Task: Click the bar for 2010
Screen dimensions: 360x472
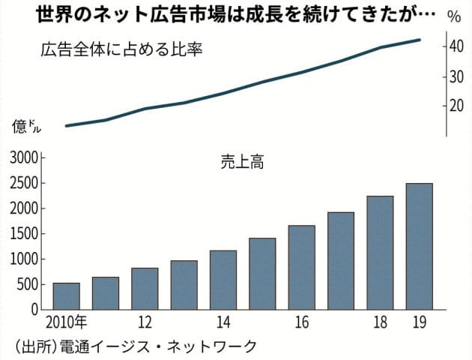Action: tap(66, 296)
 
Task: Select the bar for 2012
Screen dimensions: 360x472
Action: tap(144, 289)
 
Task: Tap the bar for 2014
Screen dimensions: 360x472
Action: tap(223, 280)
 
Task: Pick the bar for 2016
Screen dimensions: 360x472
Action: tap(301, 267)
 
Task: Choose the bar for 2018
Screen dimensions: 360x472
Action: tap(380, 253)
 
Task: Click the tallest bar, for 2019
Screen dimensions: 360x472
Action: tap(419, 246)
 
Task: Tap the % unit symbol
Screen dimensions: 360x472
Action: tap(454, 16)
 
